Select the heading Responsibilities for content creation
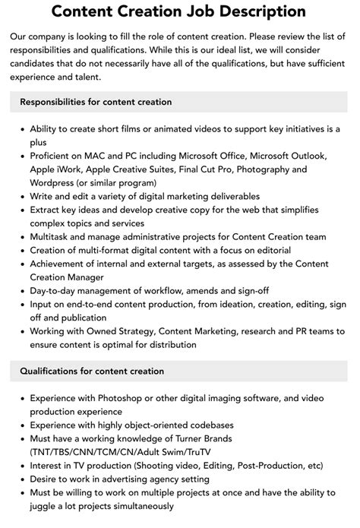coord(96,101)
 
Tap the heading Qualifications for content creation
coord(92,371)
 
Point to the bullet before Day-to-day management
coord(21,291)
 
